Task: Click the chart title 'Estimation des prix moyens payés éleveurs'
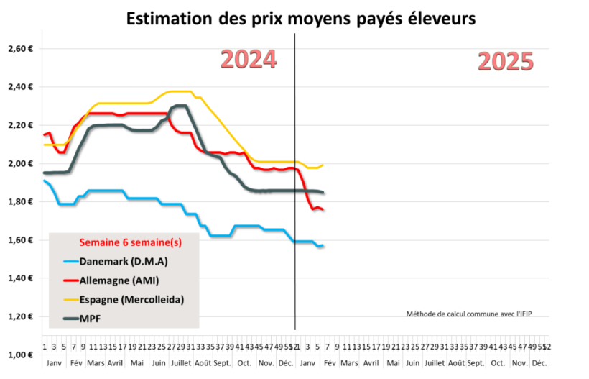pyautogui.click(x=300, y=19)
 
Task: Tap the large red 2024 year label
pyautogui.click(x=249, y=59)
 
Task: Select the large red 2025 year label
pyautogui.click(x=506, y=62)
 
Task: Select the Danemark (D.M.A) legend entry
pyautogui.click(x=119, y=262)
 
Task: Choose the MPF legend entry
pyautogui.click(x=91, y=318)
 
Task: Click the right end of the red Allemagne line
pyautogui.click(x=323, y=209)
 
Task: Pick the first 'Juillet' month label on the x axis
pyautogui.click(x=180, y=363)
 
